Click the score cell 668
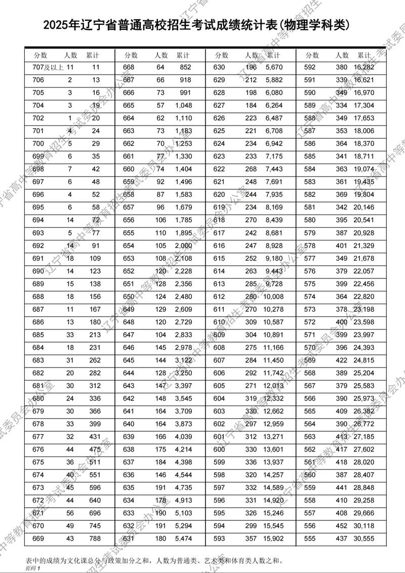tap(129, 67)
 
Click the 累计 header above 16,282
tap(364, 55)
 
